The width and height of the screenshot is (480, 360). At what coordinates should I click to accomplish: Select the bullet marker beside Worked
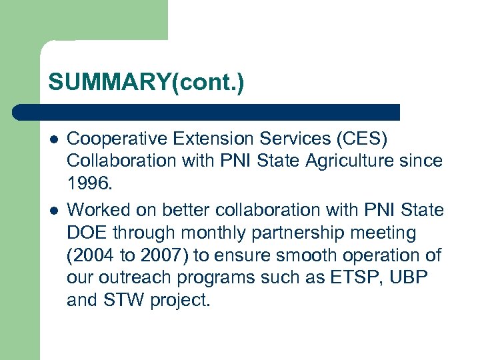[53, 209]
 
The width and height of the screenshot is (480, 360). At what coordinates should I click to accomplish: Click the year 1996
[89, 183]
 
